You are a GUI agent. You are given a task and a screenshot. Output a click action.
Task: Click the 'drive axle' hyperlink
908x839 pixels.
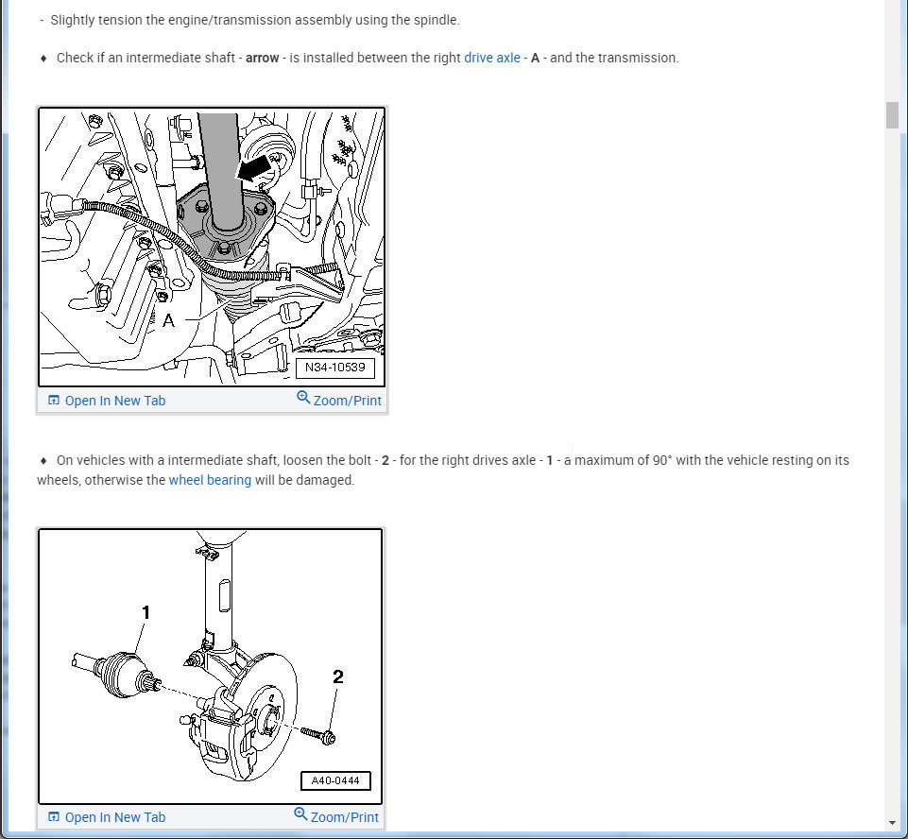tap(492, 58)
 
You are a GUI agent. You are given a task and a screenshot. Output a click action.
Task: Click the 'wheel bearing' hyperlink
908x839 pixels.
tap(210, 480)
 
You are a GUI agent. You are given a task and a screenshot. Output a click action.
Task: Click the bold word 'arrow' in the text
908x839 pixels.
tap(263, 58)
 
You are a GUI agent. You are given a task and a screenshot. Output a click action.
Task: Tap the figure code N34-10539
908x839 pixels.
tap(335, 368)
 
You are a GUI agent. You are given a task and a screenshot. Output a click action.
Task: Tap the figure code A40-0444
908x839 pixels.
tap(335, 780)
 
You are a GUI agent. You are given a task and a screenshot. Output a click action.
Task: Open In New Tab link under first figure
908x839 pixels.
tap(107, 401)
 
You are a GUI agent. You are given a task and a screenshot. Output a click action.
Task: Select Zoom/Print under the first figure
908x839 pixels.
tap(339, 400)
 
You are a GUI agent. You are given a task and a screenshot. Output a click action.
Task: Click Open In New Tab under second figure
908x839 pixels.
tap(107, 817)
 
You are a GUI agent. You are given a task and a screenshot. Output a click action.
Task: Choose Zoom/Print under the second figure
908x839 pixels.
tap(336, 816)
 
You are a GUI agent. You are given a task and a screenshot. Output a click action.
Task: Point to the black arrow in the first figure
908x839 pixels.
tap(253, 168)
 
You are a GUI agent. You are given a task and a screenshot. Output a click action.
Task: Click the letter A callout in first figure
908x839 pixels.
tap(168, 320)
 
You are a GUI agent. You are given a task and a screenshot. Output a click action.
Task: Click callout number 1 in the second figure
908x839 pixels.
tap(146, 612)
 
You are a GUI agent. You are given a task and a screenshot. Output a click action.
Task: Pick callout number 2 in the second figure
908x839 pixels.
tap(338, 676)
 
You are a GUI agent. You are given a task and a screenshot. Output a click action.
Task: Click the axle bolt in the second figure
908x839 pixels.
tap(318, 735)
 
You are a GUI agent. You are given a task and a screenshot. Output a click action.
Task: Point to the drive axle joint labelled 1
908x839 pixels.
tap(119, 675)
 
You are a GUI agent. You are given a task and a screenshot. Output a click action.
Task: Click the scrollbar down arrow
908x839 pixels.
tap(892, 823)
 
